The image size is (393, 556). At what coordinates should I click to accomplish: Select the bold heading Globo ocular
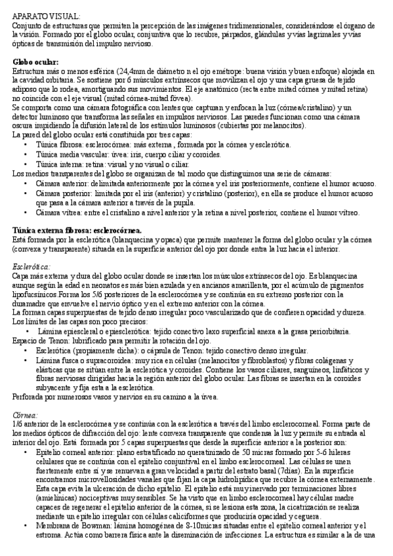coord(35,62)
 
